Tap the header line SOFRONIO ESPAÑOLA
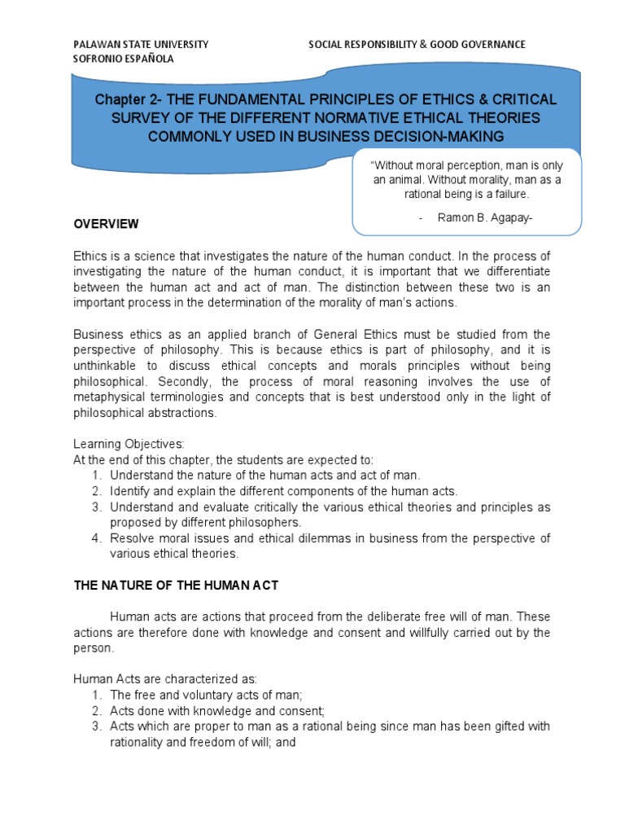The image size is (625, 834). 123,59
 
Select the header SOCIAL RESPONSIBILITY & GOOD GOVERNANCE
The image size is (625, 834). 416,44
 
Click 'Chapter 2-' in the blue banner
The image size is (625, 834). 123,99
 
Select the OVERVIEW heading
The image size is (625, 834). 106,224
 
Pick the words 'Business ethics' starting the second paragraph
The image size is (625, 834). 112,335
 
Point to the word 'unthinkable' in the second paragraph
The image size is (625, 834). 104,366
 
